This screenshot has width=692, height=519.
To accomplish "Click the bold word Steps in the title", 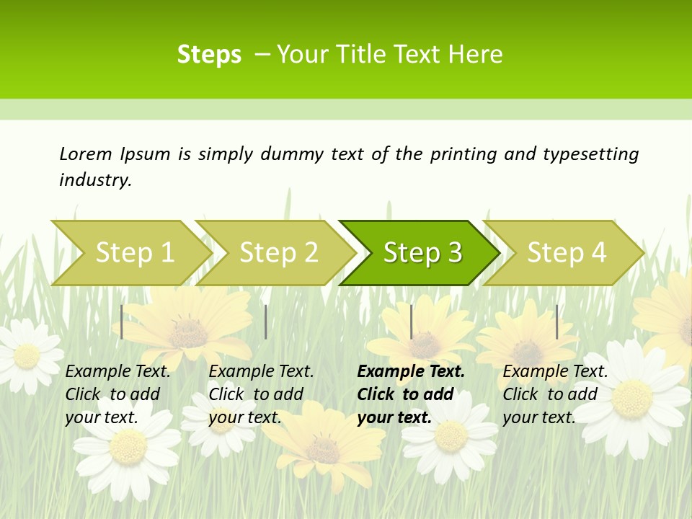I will coord(209,55).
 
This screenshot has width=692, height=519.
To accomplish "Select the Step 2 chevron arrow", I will coord(278,252).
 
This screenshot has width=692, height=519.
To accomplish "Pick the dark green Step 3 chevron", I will coord(422,252).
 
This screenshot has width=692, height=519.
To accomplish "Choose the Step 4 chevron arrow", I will coord(567,252).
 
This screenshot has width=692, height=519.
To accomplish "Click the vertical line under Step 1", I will coord(122,321).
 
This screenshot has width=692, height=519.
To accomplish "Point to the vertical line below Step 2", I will coord(266,321).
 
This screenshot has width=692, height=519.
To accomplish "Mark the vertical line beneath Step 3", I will coord(411,321).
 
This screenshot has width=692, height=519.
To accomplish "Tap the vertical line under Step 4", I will coord(556,321).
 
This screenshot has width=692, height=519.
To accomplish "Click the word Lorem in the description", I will coord(85,154).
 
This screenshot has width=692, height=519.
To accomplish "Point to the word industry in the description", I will coord(95,179).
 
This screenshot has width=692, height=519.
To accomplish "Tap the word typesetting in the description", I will coord(590,154).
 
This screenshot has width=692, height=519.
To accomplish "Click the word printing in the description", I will coord(463,154).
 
